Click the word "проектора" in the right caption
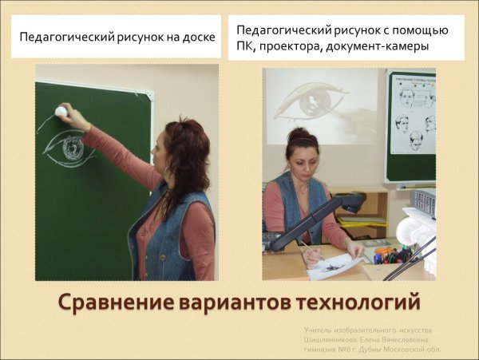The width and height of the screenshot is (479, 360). click(x=296, y=46)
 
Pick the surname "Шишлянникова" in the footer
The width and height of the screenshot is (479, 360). click(x=338, y=338)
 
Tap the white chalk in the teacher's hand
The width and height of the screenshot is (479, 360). click(x=61, y=111)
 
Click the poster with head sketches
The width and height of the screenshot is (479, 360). click(x=411, y=124)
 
